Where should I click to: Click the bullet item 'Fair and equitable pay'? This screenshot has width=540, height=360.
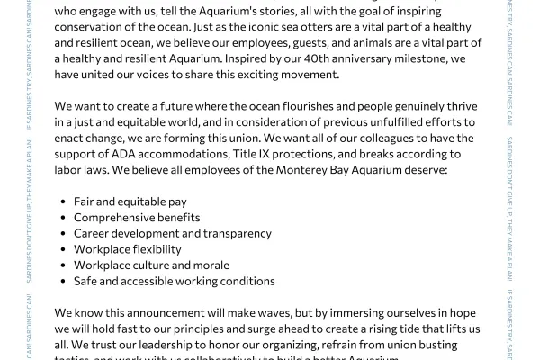coord(131,201)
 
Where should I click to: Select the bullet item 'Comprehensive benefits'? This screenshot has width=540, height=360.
coord(137,217)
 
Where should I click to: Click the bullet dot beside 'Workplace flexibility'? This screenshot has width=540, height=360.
coord(61,249)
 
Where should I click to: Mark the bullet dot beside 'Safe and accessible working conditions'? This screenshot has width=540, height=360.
coord(61,282)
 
